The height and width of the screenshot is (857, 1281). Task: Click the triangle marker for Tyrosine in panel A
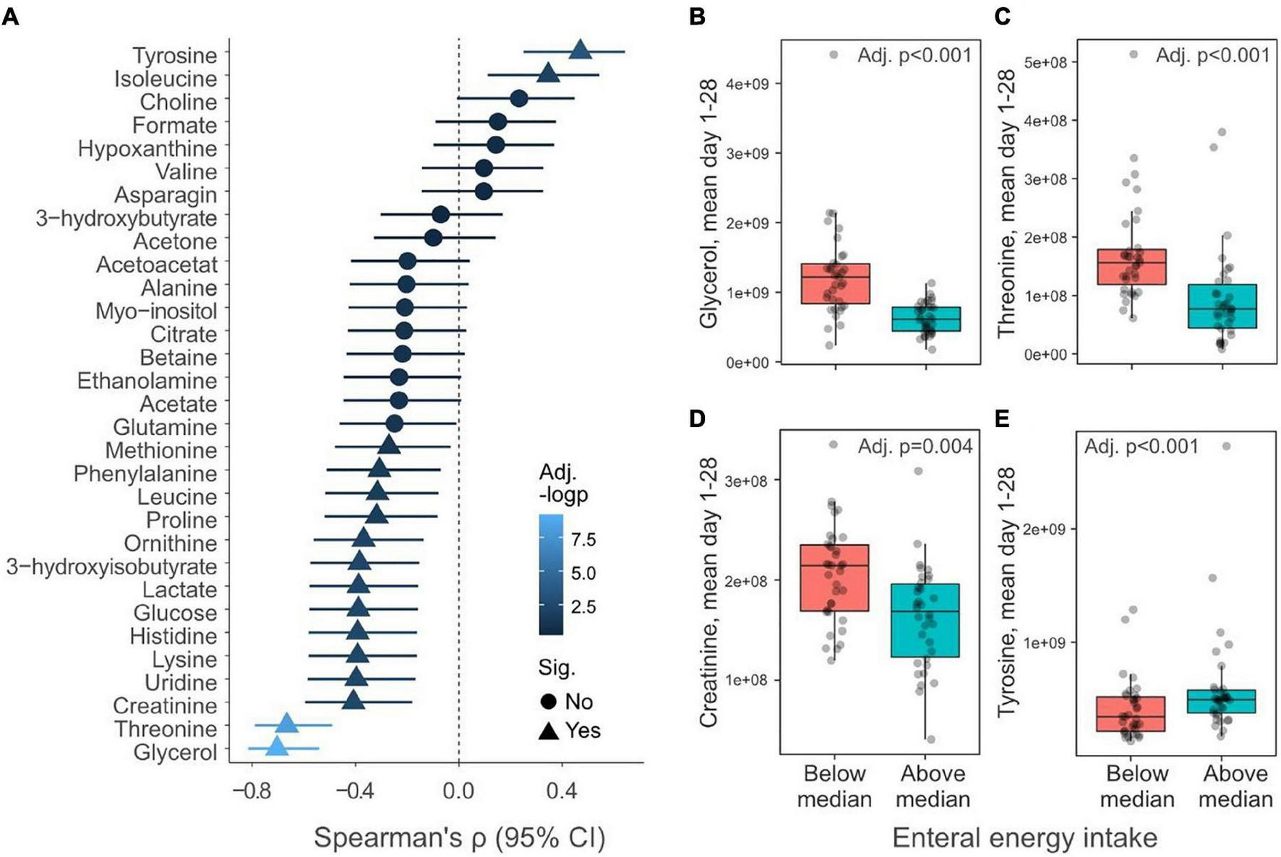coord(580,50)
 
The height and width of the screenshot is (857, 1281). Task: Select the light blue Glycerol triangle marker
coord(277,746)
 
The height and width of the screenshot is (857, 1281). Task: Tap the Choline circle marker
coord(518,98)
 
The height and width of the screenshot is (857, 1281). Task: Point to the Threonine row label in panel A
coord(166,728)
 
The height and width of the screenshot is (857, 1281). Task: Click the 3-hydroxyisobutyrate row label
coord(111,566)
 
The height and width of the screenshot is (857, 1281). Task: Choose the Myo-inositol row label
coord(156,311)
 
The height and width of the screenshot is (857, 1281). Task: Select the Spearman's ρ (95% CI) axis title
coord(459,837)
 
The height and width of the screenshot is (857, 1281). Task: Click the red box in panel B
coord(835,283)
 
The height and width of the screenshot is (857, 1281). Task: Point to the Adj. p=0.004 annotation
coord(914,447)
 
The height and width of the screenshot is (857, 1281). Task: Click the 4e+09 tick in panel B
coord(747,84)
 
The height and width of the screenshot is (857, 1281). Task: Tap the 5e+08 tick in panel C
coord(1045,62)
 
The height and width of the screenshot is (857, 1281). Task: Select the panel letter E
coord(1002,419)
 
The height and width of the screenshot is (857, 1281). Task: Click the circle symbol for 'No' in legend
coord(548,701)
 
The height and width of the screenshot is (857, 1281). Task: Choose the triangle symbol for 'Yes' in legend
coord(548,731)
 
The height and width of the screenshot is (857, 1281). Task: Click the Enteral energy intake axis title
coord(1024,837)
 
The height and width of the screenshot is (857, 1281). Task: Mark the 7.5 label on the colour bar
coord(583,540)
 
